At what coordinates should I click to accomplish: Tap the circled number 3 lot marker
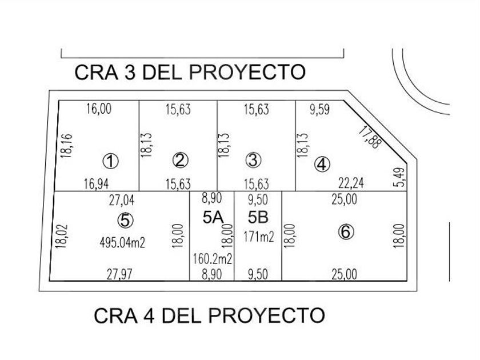[253, 161]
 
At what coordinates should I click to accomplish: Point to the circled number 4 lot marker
[323, 165]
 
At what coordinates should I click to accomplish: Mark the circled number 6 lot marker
[346, 232]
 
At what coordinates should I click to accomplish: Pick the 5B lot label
[258, 217]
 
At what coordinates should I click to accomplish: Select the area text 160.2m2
[211, 259]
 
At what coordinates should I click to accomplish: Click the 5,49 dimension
[401, 177]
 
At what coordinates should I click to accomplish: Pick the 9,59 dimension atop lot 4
[321, 110]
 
